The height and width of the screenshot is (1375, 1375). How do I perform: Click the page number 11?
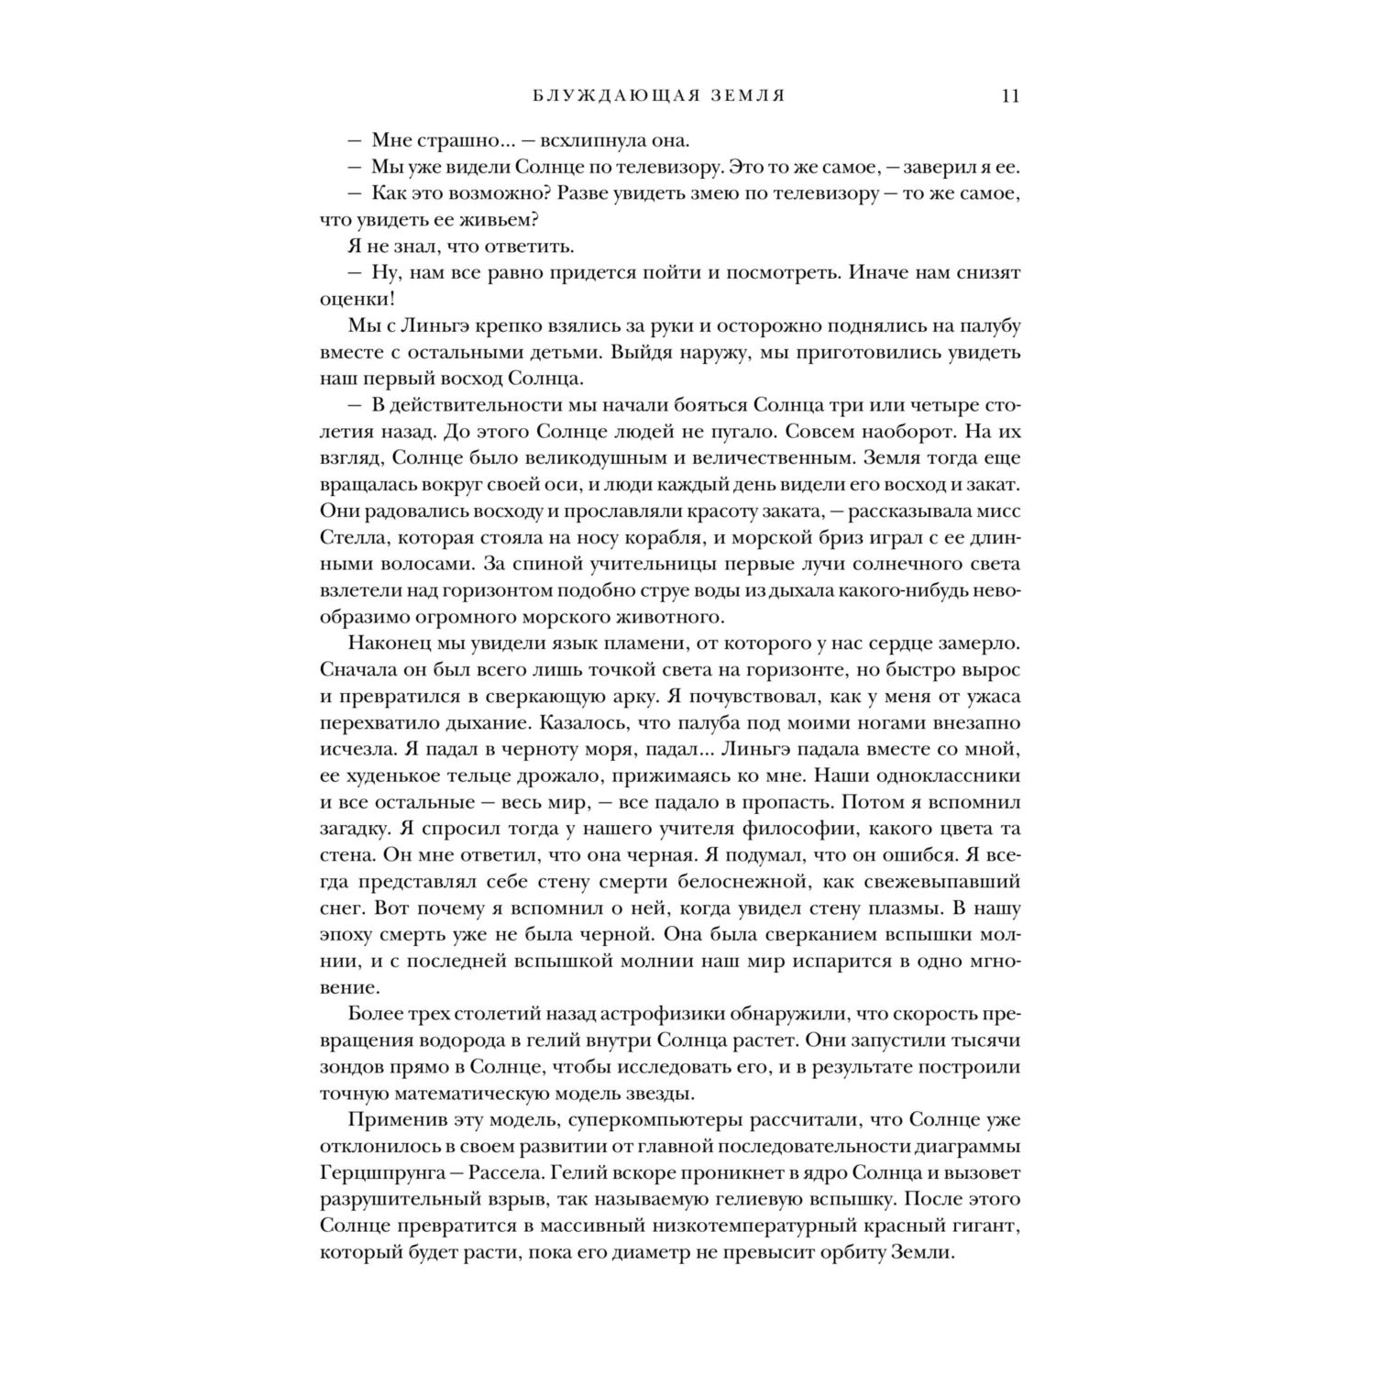[1011, 96]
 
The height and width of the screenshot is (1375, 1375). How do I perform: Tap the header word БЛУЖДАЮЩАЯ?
[585, 96]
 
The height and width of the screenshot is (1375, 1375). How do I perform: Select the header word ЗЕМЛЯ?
[742, 96]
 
